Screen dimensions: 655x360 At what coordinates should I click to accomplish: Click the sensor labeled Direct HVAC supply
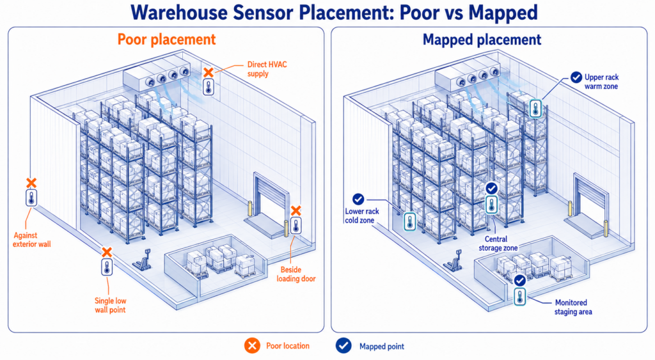[x=209, y=87]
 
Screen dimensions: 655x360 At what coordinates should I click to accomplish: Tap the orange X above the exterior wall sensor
[x=31, y=182]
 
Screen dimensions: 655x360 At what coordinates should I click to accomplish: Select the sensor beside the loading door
[x=296, y=225]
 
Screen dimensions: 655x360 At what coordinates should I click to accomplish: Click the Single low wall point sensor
[x=107, y=267]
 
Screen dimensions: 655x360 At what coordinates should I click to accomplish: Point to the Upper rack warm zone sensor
[x=535, y=108]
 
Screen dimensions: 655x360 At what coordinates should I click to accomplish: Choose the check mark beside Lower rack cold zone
[x=358, y=200]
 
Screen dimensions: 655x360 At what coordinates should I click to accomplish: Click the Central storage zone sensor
[x=492, y=205]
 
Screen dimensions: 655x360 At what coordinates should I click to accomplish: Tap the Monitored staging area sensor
[x=519, y=296]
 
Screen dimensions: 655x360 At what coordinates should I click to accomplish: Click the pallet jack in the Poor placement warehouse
[x=143, y=260]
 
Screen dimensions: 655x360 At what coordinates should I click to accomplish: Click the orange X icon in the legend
[x=252, y=346]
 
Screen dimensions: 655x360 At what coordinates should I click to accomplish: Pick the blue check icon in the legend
[x=343, y=346]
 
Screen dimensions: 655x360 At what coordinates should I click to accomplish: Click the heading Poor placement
[x=166, y=39]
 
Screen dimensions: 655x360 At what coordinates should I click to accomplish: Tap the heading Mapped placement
[x=482, y=40]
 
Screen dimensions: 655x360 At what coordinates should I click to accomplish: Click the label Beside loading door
[x=296, y=274]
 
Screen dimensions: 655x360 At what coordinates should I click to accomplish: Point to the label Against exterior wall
[x=32, y=240]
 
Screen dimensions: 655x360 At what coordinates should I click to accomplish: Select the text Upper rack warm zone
[x=601, y=82]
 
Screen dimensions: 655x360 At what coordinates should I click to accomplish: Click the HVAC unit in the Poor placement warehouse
[x=156, y=75]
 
